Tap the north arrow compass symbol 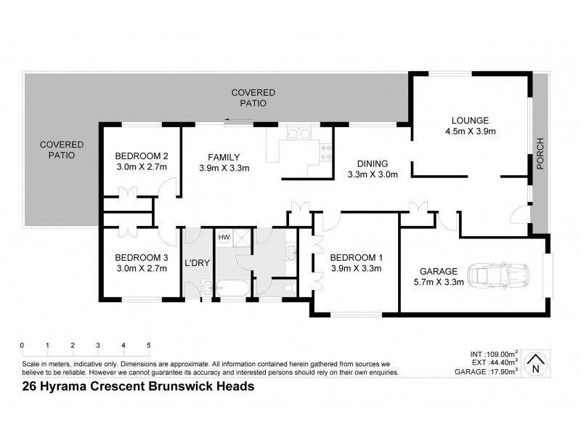click(536, 363)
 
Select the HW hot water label click(224, 236)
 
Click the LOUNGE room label click(470, 121)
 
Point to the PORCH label click(539, 153)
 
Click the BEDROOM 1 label click(355, 257)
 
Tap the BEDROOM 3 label click(142, 257)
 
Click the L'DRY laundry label click(197, 263)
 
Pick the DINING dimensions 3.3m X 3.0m click(372, 174)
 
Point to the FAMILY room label click(224, 157)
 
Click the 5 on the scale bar click(149, 344)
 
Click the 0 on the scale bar click(23, 344)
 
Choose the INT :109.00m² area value click(494, 354)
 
